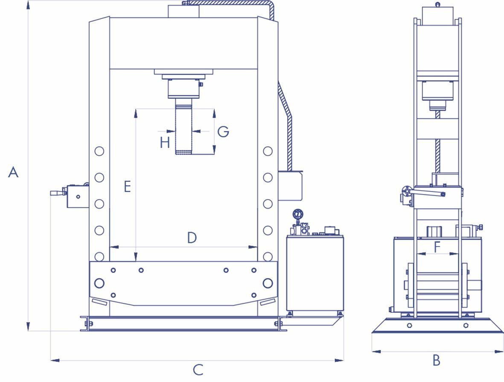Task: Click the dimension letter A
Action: [13, 172]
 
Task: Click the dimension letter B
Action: [436, 360]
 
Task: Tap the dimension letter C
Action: [198, 370]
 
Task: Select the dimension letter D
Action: [192, 238]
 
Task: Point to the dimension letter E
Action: [127, 187]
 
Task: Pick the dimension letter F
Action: [437, 247]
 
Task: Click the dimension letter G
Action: [223, 132]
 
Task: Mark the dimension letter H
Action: [165, 142]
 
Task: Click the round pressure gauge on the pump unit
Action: [298, 214]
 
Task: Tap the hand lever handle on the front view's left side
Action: [58, 193]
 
